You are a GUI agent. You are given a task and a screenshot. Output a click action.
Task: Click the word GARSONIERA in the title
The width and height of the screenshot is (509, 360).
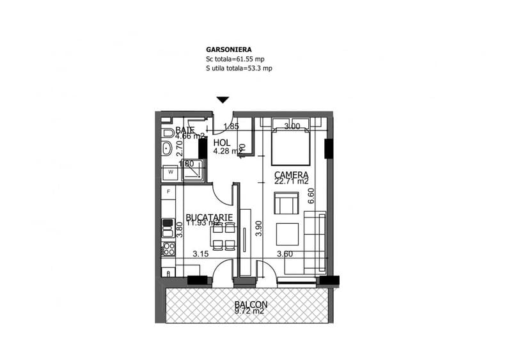click(x=228, y=49)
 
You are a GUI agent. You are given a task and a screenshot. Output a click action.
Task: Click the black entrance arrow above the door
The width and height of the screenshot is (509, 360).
click(x=223, y=100)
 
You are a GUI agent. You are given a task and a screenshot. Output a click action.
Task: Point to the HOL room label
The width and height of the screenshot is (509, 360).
click(x=221, y=143)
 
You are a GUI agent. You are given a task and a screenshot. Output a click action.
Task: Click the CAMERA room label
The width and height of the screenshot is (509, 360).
click(x=292, y=175)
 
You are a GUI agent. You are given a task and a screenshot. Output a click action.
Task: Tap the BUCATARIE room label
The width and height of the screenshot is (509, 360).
click(x=209, y=217)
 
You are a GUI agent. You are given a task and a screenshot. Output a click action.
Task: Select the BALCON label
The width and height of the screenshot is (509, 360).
click(x=251, y=304)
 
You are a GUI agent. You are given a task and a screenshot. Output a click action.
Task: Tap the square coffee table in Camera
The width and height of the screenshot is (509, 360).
click(x=288, y=233)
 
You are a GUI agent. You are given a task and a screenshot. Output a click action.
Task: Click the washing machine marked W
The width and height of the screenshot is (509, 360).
click(x=171, y=172)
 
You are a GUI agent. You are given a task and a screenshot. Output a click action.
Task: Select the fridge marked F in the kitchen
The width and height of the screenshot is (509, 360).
click(x=168, y=191)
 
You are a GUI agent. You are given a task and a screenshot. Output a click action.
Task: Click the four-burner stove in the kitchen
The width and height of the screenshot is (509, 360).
click(x=168, y=247)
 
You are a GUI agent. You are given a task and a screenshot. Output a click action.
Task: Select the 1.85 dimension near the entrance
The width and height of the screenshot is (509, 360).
click(x=231, y=127)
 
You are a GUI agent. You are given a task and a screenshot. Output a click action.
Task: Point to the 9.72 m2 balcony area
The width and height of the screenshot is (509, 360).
click(x=251, y=311)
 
